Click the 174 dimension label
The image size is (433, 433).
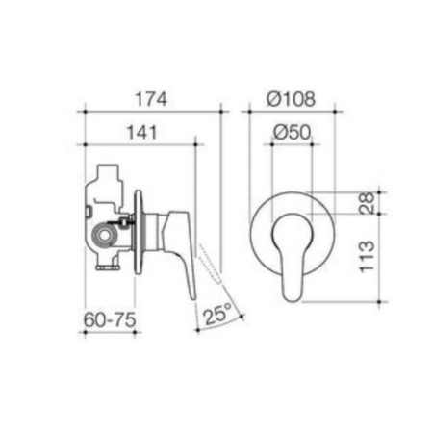(x=151, y=99)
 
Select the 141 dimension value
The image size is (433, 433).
(x=142, y=133)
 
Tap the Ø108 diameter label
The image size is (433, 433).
(x=292, y=99)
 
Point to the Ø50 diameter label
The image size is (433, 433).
(x=293, y=132)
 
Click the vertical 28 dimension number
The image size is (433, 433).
(x=367, y=203)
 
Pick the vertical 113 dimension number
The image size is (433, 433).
(x=367, y=257)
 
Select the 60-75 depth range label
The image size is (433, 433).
(x=110, y=319)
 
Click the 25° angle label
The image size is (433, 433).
(x=217, y=315)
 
